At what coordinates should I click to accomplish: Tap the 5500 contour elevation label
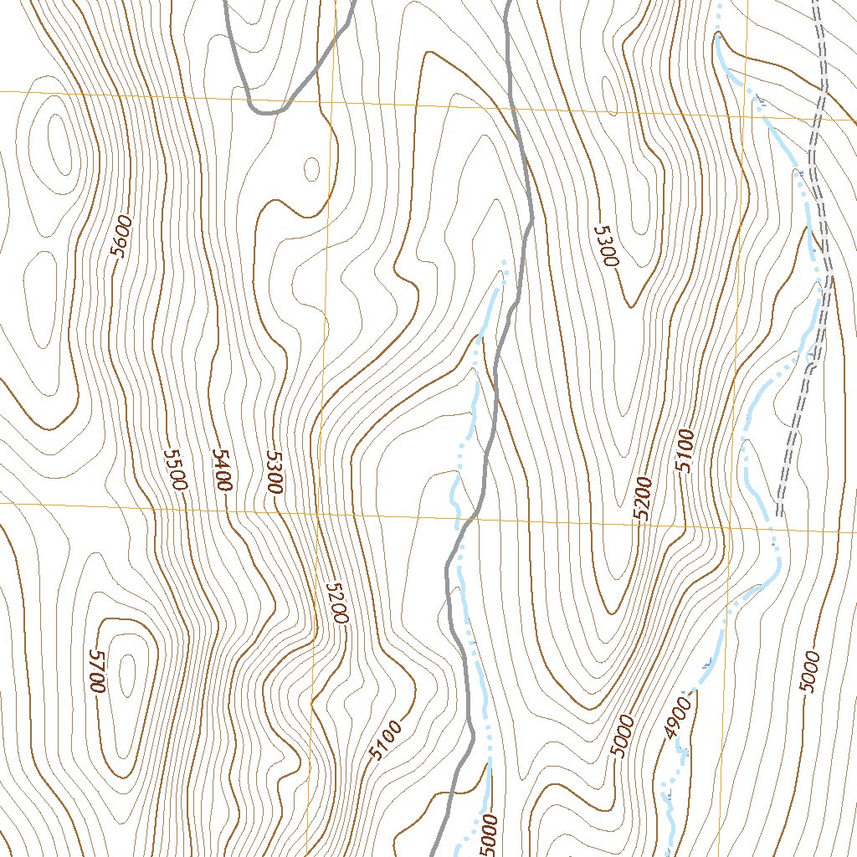176,469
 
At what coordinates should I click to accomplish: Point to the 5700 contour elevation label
96,670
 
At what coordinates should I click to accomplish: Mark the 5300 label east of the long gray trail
605,245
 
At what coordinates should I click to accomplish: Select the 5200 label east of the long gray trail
643,500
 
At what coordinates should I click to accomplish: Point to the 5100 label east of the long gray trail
686,450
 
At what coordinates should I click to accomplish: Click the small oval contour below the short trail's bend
311,169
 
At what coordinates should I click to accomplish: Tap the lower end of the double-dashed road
778,512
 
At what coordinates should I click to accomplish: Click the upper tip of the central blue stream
504,263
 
